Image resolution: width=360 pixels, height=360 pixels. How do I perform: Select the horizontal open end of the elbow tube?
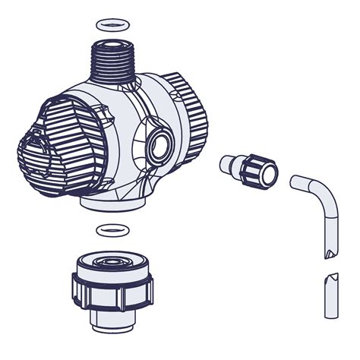pyautogui.click(x=295, y=182)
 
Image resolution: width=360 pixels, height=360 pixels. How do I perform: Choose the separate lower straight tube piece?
pyautogui.click(x=331, y=296)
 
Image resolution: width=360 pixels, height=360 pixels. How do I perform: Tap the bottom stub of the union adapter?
pyautogui.click(x=113, y=320)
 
